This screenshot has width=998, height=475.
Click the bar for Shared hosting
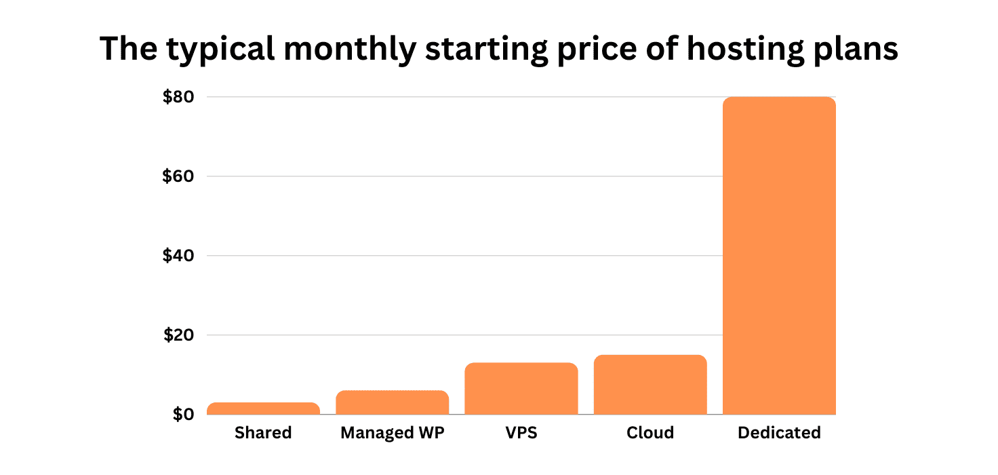point(263,408)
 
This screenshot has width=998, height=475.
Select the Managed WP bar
point(392,402)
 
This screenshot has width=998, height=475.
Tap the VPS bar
point(521,389)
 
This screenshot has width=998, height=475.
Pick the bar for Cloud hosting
point(650,385)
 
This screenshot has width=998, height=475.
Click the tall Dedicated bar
point(779,256)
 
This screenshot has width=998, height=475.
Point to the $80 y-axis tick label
point(178,97)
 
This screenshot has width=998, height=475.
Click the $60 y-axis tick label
point(178,176)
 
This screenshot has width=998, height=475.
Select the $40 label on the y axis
point(178,256)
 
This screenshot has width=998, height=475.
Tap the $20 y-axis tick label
point(178,335)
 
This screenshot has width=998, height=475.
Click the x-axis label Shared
point(263,433)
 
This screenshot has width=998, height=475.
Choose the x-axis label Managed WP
point(393,433)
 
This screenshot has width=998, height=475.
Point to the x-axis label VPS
point(521,433)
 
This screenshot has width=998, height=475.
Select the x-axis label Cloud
point(650,433)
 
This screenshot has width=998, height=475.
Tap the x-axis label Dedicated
point(779,433)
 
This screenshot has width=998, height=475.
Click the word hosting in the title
point(736,50)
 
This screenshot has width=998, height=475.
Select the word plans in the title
point(857,50)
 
